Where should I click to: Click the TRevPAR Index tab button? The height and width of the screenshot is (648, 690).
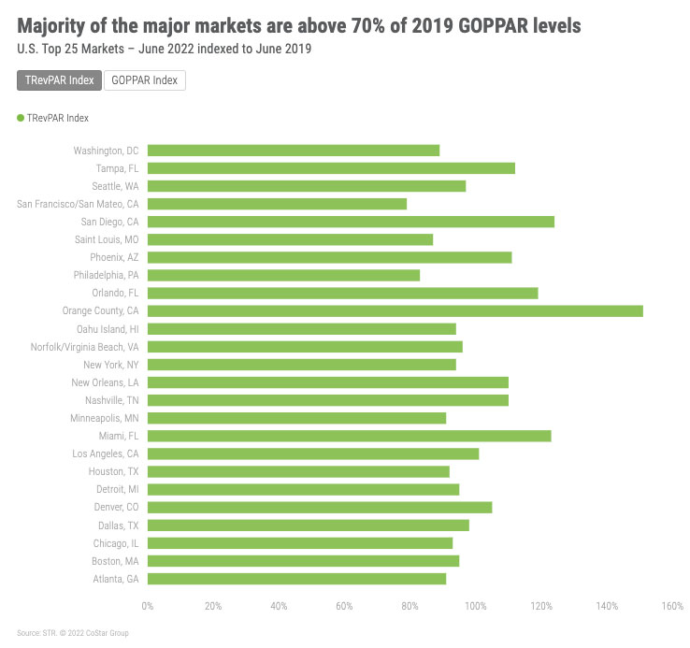[59, 80]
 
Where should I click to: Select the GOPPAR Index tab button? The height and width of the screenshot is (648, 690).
[144, 80]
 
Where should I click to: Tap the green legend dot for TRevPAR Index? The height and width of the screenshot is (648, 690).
[21, 118]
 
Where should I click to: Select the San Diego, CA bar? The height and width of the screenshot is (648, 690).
[351, 222]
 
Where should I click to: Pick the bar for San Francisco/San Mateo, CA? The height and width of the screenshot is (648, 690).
[277, 204]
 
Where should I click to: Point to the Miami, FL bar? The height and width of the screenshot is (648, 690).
[349, 436]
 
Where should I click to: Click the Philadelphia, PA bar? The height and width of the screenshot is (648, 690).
[283, 275]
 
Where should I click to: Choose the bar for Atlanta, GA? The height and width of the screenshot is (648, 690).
[296, 579]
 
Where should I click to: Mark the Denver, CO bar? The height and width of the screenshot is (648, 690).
[320, 507]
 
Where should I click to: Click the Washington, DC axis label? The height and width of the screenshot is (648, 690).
[106, 151]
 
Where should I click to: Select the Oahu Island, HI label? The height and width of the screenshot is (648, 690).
[108, 329]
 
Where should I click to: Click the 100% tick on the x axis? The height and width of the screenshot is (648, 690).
[475, 607]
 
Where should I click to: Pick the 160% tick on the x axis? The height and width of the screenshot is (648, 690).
[671, 607]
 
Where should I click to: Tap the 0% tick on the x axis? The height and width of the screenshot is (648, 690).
[148, 607]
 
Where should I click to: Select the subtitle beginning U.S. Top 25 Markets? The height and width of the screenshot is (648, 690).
[165, 49]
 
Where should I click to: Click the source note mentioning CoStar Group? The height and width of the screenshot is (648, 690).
[72, 633]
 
